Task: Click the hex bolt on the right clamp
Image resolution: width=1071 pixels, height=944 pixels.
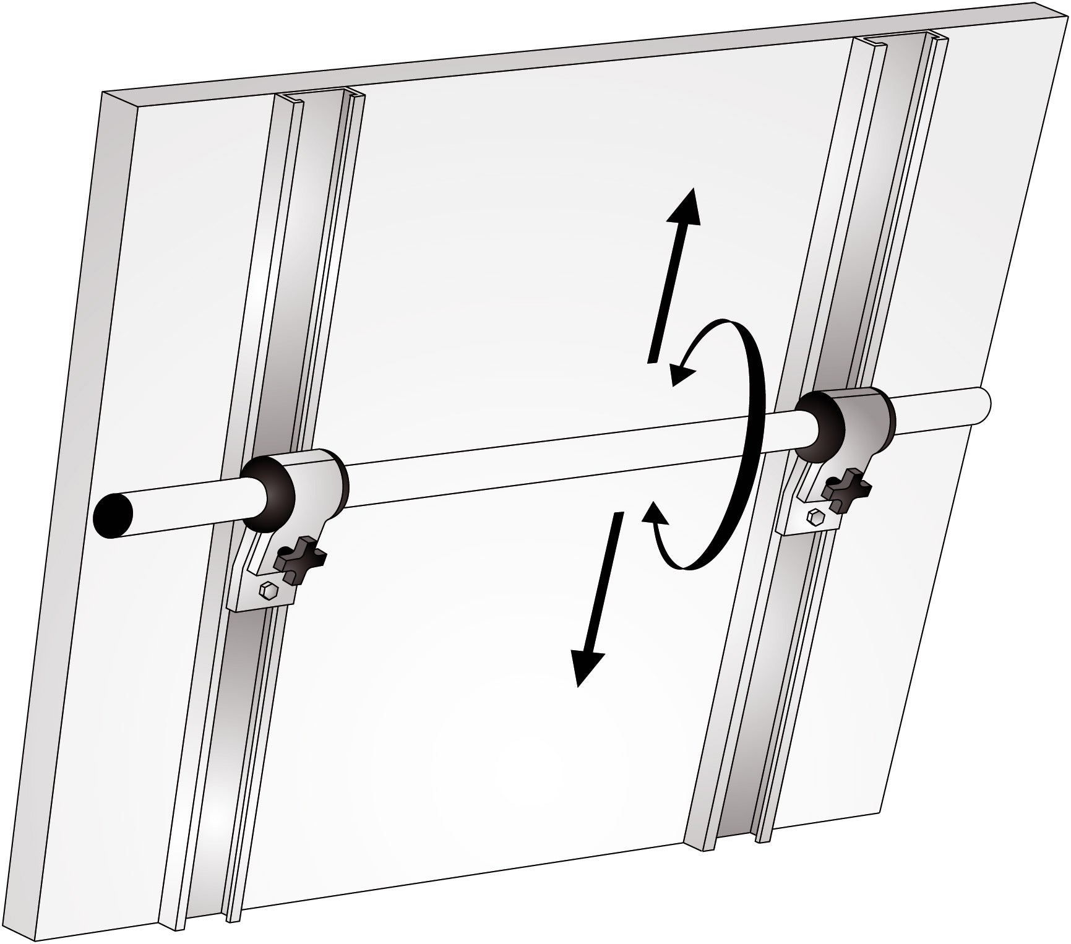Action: (x=815, y=517)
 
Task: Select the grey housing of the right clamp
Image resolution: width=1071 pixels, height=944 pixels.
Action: (x=863, y=414)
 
